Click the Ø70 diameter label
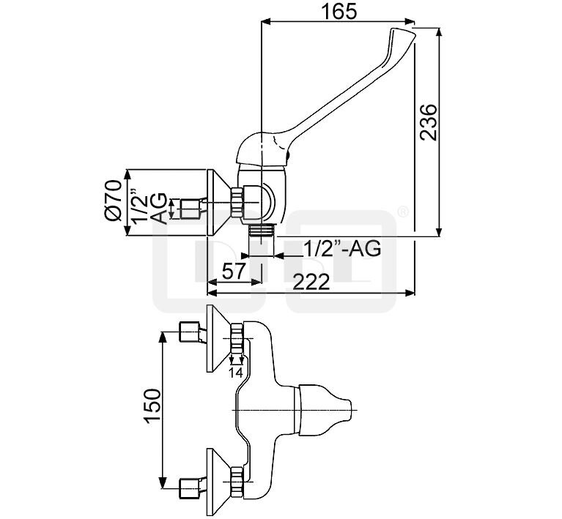pyautogui.click(x=111, y=203)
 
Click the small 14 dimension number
pyautogui.click(x=237, y=372)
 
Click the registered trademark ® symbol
pyautogui.click(x=402, y=212)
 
